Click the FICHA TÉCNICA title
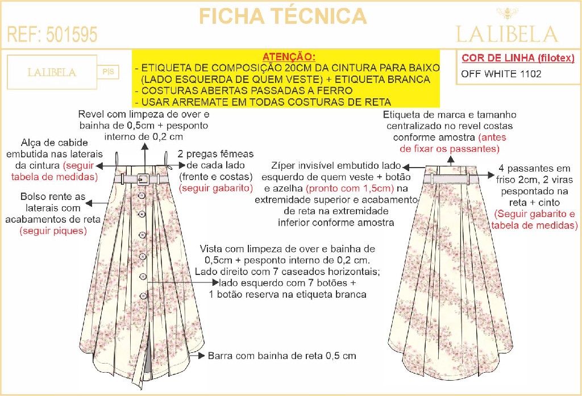pyautogui.click(x=282, y=16)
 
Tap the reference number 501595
pyautogui.click(x=52, y=35)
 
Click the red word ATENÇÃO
pyautogui.click(x=289, y=57)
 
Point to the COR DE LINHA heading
pyautogui.click(x=518, y=58)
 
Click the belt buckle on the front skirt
pyautogui.click(x=142, y=179)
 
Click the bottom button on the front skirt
pyautogui.click(x=143, y=295)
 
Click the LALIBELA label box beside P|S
pyautogui.click(x=52, y=73)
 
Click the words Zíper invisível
pyautogui.click(x=305, y=166)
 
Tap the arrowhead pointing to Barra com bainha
pyautogui.click(x=201, y=356)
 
